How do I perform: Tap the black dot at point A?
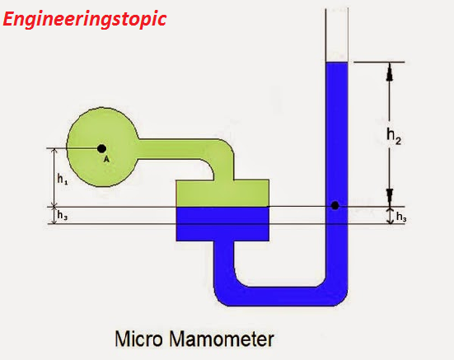pos(101,148)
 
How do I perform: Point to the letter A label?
pos(106,160)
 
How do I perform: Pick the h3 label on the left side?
pos(63,215)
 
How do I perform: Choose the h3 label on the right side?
pos(400,217)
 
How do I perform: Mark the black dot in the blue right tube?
pos(335,205)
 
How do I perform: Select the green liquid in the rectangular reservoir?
pos(222,194)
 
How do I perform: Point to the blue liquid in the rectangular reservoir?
pos(222,222)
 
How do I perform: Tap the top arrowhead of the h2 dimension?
pos(390,72)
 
